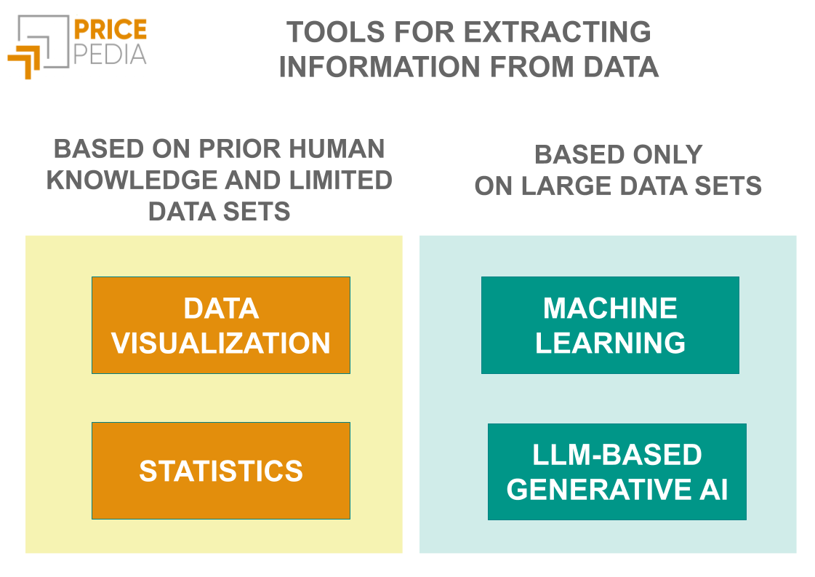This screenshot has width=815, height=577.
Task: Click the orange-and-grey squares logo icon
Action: click(x=36, y=46)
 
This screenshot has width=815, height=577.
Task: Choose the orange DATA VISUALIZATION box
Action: click(x=221, y=325)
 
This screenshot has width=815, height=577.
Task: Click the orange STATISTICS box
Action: click(x=221, y=471)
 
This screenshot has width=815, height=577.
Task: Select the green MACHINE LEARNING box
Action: click(x=610, y=325)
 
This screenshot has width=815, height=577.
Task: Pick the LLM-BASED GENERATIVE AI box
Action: click(x=617, y=471)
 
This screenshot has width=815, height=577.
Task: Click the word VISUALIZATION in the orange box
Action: click(x=221, y=343)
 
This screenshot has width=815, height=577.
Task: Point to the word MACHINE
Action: click(x=610, y=309)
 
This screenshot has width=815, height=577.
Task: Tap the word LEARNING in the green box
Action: click(x=610, y=343)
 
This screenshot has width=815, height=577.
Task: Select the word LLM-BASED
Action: click(x=617, y=455)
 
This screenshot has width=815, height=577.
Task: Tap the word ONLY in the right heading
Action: click(x=667, y=154)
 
